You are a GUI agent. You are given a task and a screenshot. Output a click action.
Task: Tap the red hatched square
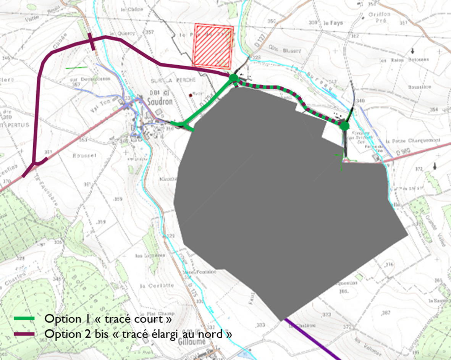[x=213, y=45]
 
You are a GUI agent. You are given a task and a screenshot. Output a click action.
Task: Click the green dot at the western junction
[x=234, y=79]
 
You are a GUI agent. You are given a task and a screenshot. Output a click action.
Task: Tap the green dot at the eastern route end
[x=344, y=126]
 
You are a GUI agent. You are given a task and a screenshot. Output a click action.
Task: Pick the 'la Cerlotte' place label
[x=157, y=285]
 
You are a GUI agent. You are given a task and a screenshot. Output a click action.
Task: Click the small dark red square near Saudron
[x=190, y=94]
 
